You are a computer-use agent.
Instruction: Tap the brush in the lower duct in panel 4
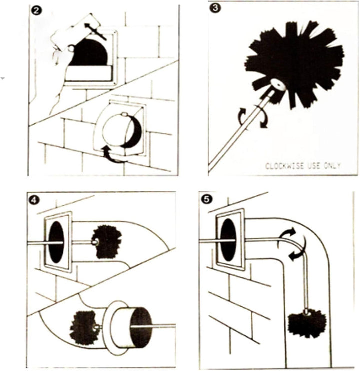(83, 327)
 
